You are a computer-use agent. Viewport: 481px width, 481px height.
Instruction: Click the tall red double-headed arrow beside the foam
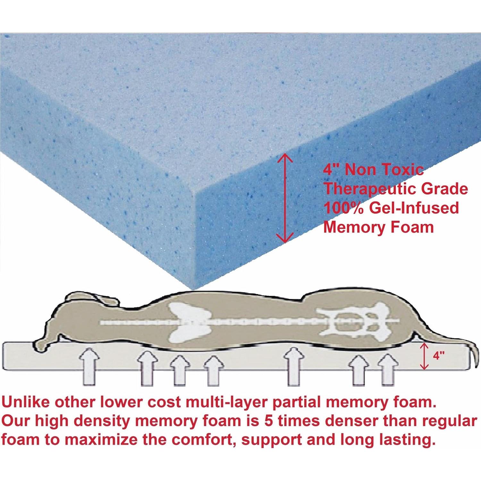point(285,198)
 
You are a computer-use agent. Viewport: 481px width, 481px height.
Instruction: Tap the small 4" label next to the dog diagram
point(438,356)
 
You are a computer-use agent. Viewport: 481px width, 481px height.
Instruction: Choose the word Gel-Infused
point(414,208)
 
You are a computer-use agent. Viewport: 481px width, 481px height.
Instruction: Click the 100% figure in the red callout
point(343,208)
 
